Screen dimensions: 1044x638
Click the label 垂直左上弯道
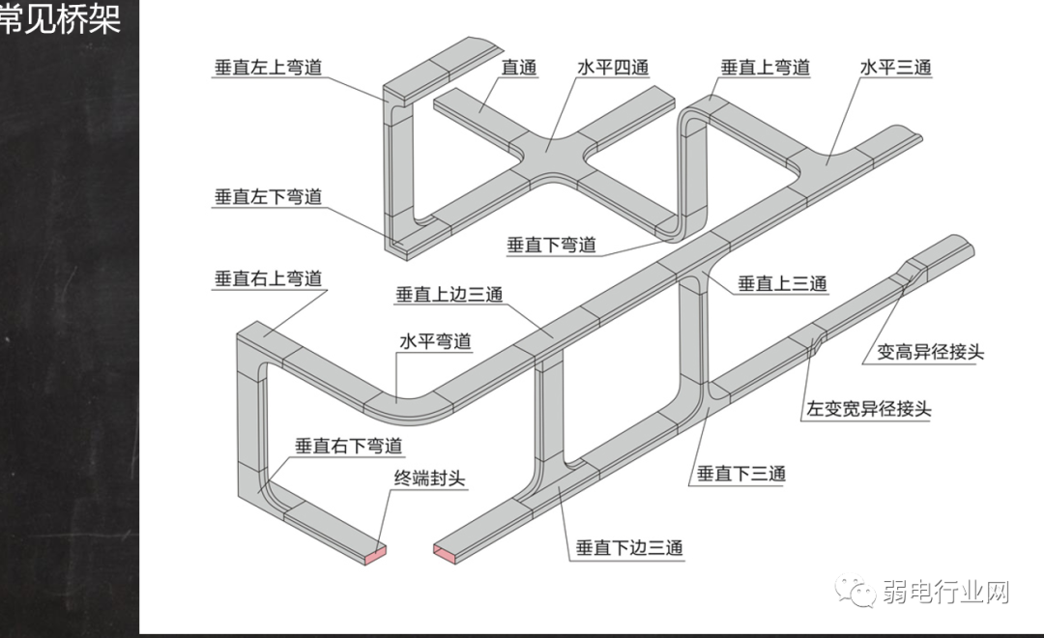click(268, 69)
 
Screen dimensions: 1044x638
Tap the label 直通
click(519, 69)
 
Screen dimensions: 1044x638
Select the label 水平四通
click(613, 69)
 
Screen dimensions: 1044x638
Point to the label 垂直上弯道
click(765, 69)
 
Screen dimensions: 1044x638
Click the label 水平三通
click(895, 69)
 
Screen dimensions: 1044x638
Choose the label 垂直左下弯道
click(268, 197)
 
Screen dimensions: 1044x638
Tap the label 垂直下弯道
click(551, 245)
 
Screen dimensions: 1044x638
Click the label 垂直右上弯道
click(268, 279)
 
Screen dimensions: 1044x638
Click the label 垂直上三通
click(783, 283)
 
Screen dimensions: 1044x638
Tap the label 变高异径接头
click(930, 352)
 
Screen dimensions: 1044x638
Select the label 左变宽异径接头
click(869, 409)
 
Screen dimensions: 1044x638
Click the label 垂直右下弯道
click(348, 447)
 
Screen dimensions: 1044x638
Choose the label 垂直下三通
click(741, 474)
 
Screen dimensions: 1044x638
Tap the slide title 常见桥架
click(60, 18)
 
